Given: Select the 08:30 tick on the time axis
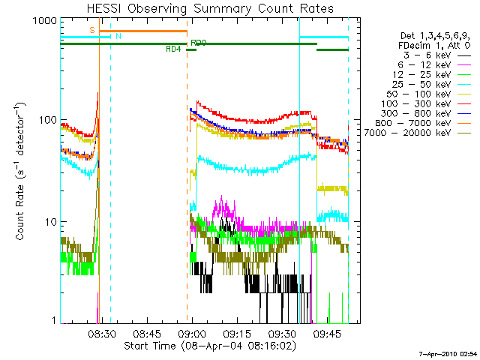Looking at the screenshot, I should [102, 334].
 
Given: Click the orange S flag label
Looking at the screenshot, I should [91, 30].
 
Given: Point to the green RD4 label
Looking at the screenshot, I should [172, 49].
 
